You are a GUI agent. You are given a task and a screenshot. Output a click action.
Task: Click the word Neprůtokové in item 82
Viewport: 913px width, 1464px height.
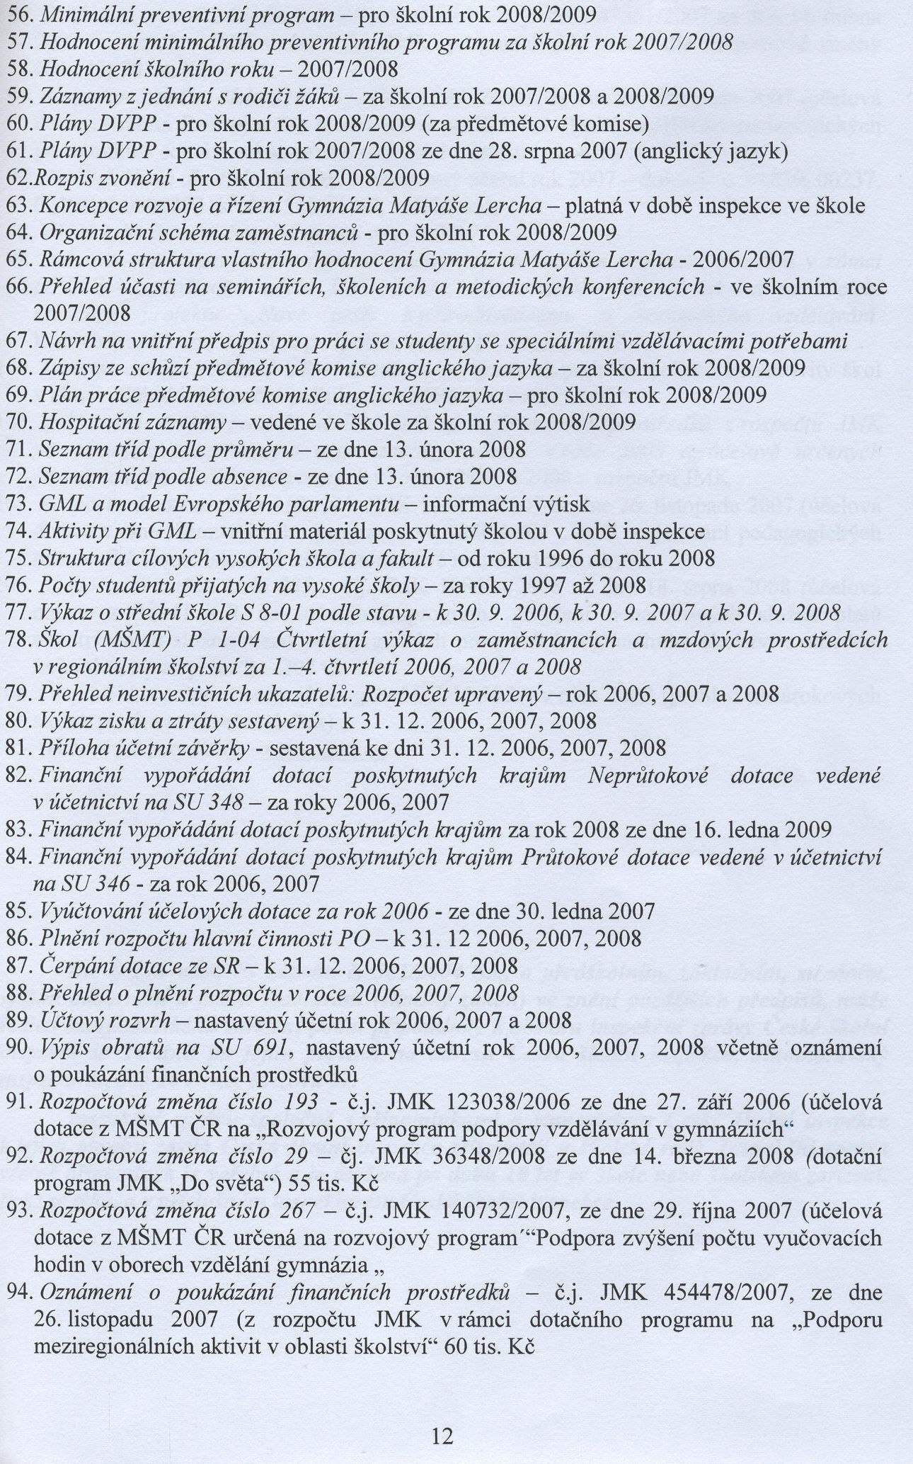pos(648,776)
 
